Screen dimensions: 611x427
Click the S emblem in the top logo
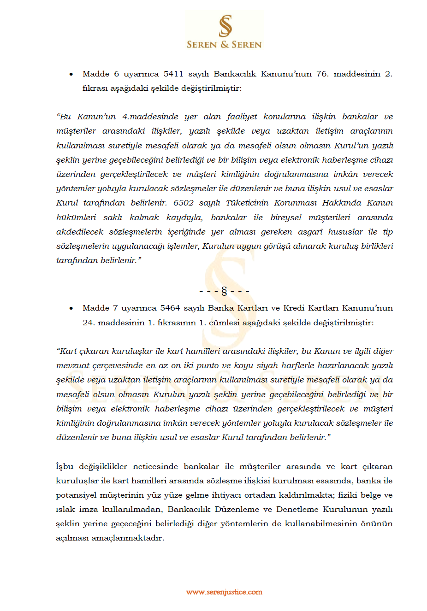(225, 26)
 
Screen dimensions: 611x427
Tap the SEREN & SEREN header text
(224, 45)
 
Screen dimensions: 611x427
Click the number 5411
(173, 74)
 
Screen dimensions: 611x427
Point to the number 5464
(170, 308)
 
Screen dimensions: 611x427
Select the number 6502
(184, 203)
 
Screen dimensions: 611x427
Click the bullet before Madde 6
(71, 74)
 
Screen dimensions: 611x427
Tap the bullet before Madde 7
(71, 308)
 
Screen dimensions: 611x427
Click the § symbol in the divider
(225, 291)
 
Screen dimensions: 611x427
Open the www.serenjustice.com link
(224, 592)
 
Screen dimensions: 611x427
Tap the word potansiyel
(75, 495)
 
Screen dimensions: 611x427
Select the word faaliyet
(242, 117)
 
